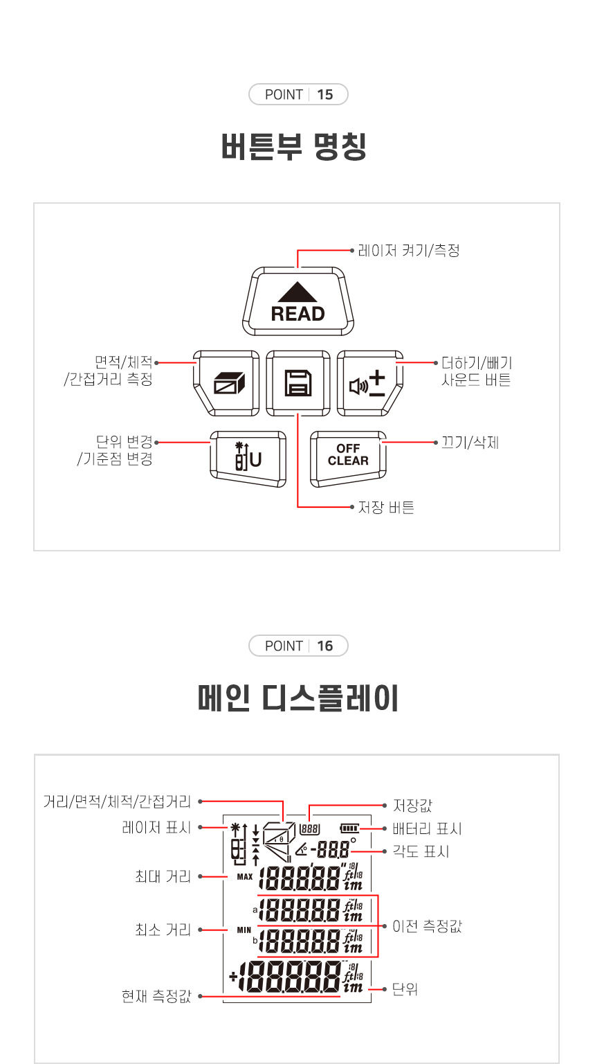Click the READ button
[x=298, y=301]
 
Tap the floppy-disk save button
[x=298, y=383]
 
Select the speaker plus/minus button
[x=370, y=383]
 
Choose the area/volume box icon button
[x=226, y=383]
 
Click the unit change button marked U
[x=248, y=459]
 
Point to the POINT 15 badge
[x=298, y=94]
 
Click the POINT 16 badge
[x=298, y=646]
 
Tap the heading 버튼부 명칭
[x=295, y=146]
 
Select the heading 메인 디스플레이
[x=298, y=698]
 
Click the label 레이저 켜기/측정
[x=409, y=250]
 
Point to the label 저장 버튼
[x=386, y=507]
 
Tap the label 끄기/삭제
[x=470, y=443]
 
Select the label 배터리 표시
[x=427, y=829]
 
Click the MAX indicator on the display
[x=245, y=877]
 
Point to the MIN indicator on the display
[x=244, y=930]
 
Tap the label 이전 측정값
[x=427, y=925]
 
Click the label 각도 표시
[x=421, y=851]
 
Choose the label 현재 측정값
[x=156, y=996]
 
